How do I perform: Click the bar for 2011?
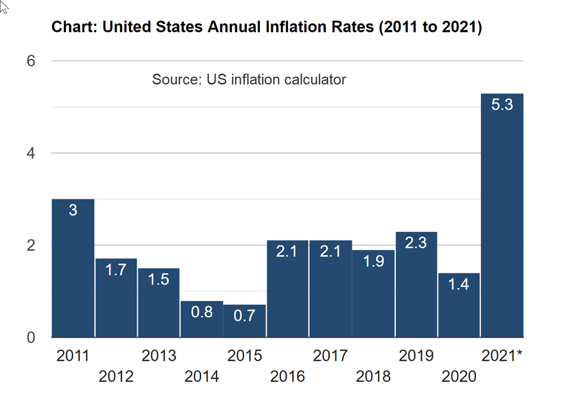[x=73, y=268]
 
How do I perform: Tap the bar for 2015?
[x=244, y=321]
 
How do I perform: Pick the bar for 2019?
[x=416, y=284]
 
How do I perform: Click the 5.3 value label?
[x=502, y=105]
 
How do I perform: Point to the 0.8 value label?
[x=202, y=312]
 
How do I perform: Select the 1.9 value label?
[x=373, y=261]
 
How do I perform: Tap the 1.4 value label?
[x=458, y=284]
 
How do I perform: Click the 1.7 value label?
[x=116, y=270]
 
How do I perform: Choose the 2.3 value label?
[x=416, y=243]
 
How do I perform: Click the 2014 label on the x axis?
[x=202, y=376]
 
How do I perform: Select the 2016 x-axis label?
[x=287, y=376]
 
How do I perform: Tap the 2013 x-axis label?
[x=159, y=356]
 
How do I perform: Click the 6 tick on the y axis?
[x=31, y=61]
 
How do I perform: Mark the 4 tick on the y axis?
[x=31, y=152]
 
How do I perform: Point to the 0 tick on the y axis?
[x=31, y=338]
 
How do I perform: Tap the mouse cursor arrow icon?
[x=3, y=7]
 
